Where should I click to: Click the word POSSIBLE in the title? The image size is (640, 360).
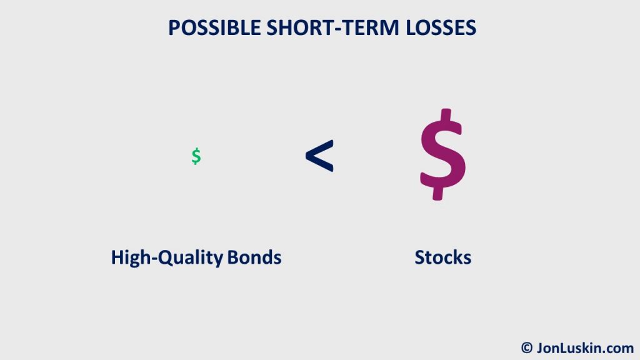(215, 27)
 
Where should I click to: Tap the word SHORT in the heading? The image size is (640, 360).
(300, 27)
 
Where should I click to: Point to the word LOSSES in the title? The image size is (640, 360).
(441, 27)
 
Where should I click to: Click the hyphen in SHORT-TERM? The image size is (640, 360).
(338, 29)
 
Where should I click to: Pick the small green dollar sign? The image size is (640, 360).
(196, 156)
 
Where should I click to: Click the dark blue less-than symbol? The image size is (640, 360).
(319, 156)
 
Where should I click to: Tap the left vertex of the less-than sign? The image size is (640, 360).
(306, 156)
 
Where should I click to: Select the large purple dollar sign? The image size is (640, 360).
(443, 154)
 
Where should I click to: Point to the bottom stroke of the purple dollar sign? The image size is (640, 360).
(438, 194)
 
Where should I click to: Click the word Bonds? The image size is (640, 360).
(254, 257)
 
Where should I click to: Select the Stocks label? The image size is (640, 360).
(443, 257)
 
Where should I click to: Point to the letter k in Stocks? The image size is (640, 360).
(457, 257)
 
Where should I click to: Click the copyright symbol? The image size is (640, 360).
(527, 347)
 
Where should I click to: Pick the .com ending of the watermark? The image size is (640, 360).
(615, 348)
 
